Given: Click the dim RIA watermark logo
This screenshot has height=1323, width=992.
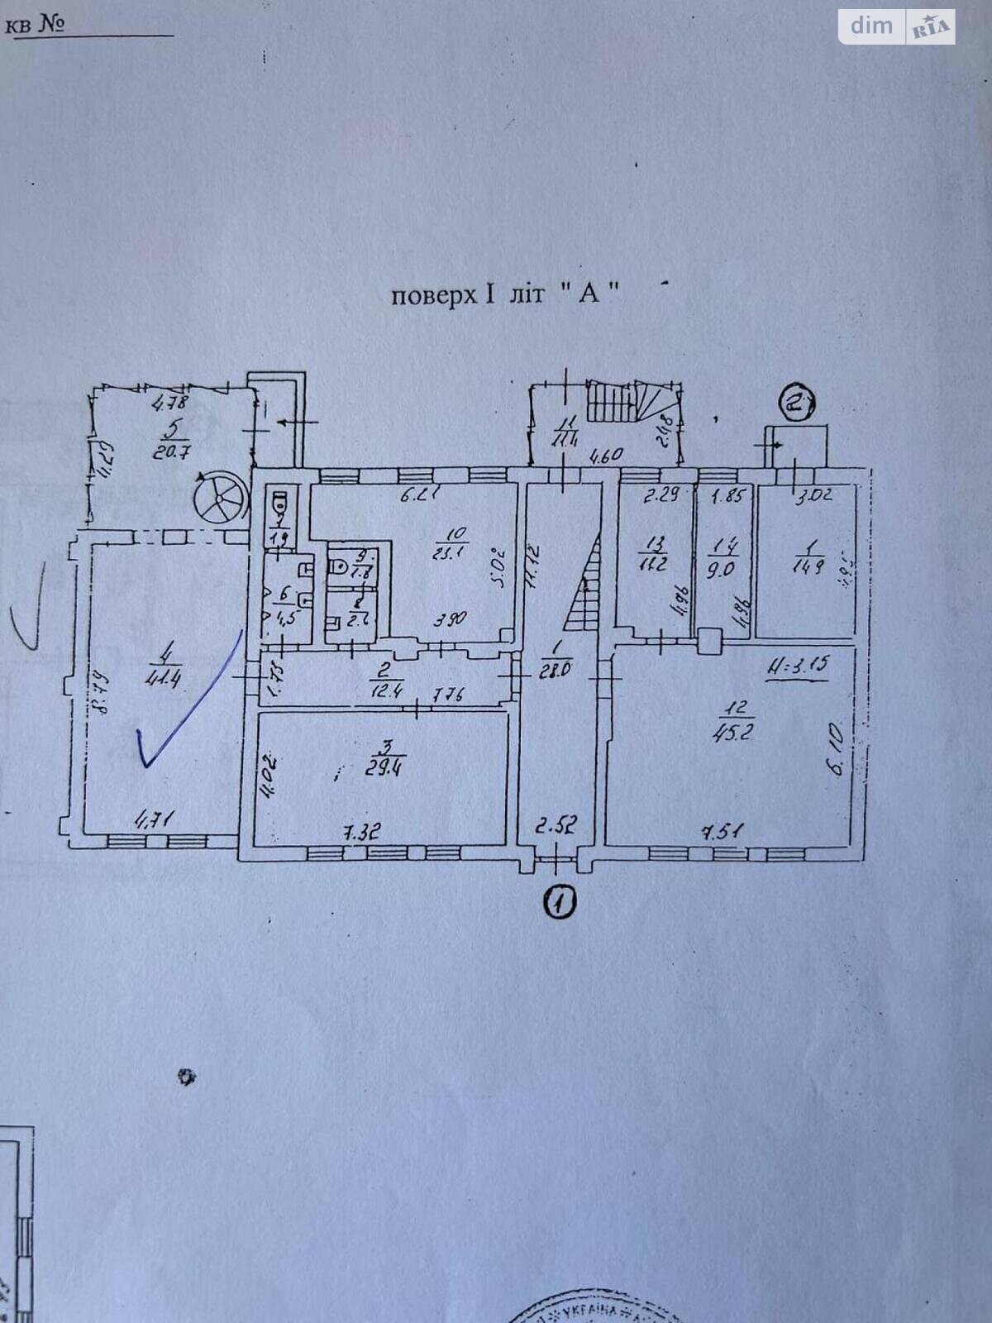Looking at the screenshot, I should [897, 26].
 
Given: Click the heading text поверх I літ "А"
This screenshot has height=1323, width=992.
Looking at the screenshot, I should [504, 294].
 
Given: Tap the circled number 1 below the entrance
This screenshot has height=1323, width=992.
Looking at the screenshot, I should [560, 902].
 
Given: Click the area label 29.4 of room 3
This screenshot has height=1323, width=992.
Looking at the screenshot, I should [384, 770].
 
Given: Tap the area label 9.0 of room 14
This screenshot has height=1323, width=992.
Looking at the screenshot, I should [722, 570].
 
